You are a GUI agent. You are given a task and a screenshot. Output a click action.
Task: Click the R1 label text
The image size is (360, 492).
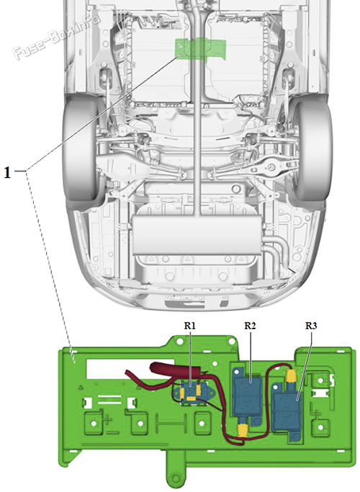tap(189, 326)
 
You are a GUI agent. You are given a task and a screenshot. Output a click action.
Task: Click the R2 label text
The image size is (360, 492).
tap(250, 326)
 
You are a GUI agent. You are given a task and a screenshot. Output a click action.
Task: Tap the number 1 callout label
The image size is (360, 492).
tap(8, 172)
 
